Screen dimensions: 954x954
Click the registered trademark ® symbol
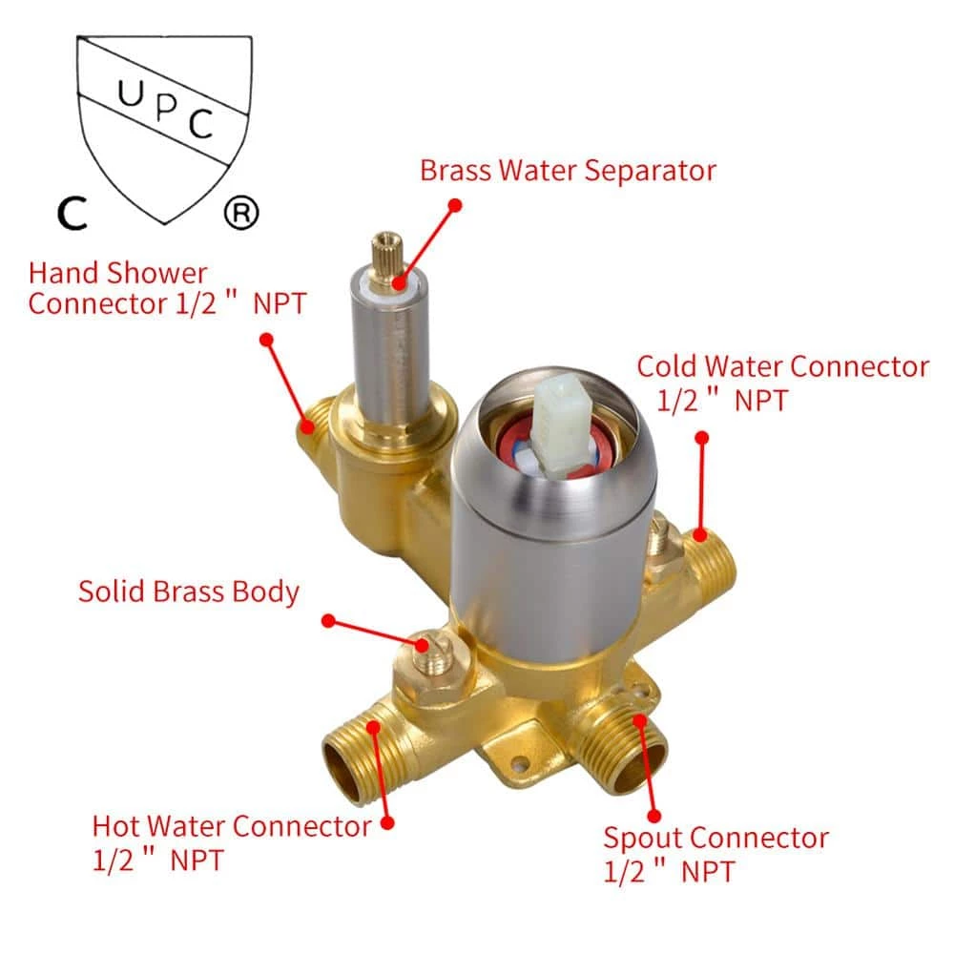point(241,213)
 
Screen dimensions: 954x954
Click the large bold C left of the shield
point(73,213)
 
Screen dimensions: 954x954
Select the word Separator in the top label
point(650,171)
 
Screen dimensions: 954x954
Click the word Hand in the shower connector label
point(63,273)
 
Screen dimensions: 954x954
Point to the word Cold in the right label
point(667,366)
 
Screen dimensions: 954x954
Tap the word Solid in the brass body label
point(112,591)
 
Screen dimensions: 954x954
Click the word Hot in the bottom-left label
point(115,826)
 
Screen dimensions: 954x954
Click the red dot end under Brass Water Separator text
point(454,206)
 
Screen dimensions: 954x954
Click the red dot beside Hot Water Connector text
point(387,823)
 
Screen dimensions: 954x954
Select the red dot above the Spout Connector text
point(654,816)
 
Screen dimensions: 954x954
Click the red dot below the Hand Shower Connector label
point(266,340)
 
